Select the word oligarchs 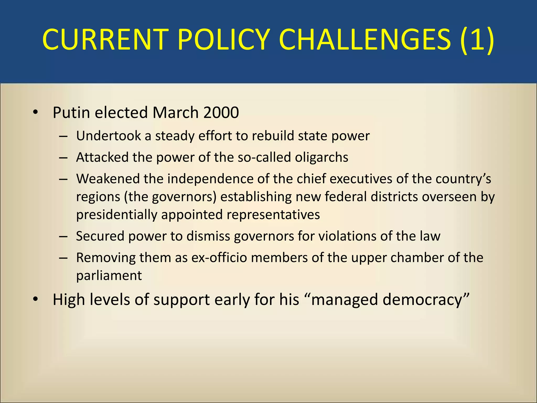[x=321, y=157]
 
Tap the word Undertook [x=108, y=136]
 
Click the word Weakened [x=108, y=179]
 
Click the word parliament [x=109, y=275]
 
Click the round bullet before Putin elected [x=35, y=113]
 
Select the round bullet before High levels [x=35, y=300]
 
